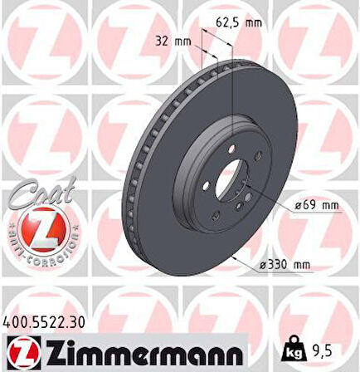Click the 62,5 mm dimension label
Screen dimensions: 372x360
pos(239,22)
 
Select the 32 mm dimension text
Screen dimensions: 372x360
pos(173,39)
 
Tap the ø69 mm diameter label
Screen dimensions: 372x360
pos(316,204)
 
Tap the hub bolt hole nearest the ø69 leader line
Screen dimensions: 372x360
pos(248,197)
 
